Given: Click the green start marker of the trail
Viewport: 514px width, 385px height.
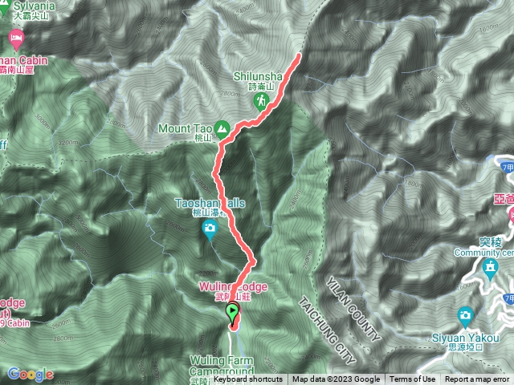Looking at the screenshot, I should tap(233, 313).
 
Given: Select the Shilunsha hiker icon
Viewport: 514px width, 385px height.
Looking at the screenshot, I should tap(261, 101).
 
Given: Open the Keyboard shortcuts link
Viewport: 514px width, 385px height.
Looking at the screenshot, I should tap(247, 379).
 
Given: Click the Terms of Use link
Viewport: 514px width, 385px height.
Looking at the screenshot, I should tap(412, 379).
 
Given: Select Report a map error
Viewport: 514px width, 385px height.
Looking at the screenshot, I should tap(478, 379).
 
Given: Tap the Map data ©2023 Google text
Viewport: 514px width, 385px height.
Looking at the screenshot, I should tap(336, 379).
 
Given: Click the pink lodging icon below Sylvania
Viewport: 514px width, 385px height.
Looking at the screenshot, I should tap(15, 38).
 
